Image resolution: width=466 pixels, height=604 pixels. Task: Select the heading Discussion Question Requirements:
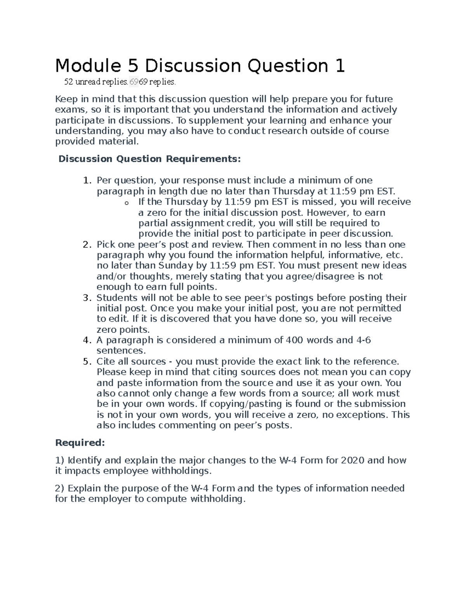tap(150, 159)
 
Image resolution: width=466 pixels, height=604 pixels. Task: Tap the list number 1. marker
tap(87, 180)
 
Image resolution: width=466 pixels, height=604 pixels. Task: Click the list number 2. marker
tap(87, 245)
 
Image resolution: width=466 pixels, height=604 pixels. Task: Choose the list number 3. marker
tap(87, 298)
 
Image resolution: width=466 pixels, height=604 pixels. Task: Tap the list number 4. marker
tap(87, 340)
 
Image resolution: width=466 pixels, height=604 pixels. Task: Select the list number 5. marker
tap(87, 362)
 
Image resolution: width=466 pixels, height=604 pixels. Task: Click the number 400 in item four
tap(295, 340)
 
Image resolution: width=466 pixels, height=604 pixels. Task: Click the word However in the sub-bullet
tap(327, 213)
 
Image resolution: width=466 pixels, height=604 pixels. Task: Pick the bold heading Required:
tap(80, 443)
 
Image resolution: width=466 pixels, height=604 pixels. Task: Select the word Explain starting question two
tap(84, 488)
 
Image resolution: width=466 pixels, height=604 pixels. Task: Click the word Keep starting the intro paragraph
tap(66, 99)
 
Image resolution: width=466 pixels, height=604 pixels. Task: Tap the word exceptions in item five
tap(360, 415)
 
